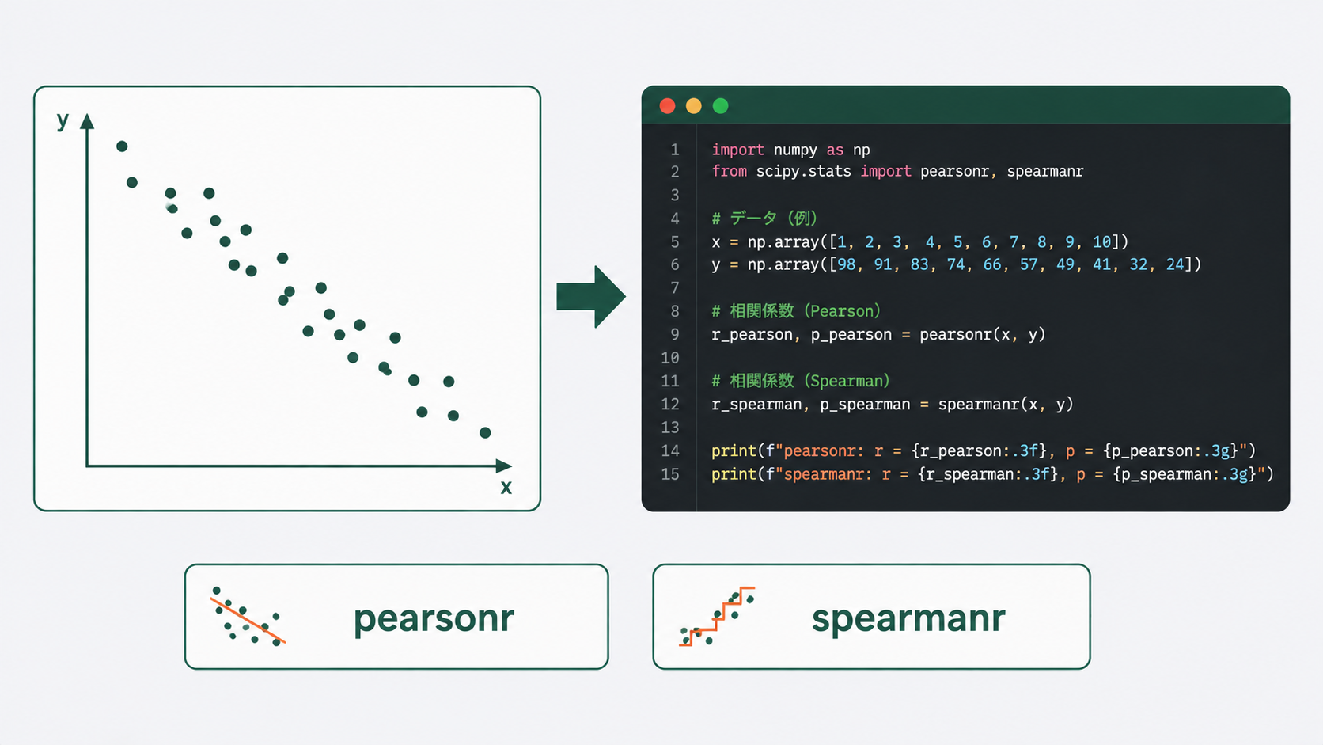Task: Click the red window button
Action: [667, 106]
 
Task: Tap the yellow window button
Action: [694, 106]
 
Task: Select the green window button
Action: [721, 106]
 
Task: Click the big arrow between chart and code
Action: [590, 297]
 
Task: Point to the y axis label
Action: [63, 120]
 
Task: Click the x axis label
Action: [506, 488]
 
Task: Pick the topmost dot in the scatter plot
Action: [122, 146]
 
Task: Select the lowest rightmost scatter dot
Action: [486, 433]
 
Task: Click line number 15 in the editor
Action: [669, 474]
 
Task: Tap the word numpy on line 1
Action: [795, 150]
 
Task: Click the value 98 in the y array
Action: [847, 264]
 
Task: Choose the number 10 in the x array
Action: [1101, 241]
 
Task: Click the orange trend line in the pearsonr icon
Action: [248, 621]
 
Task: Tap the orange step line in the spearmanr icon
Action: [717, 617]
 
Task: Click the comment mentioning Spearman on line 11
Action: [800, 381]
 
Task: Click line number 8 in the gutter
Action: [674, 311]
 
